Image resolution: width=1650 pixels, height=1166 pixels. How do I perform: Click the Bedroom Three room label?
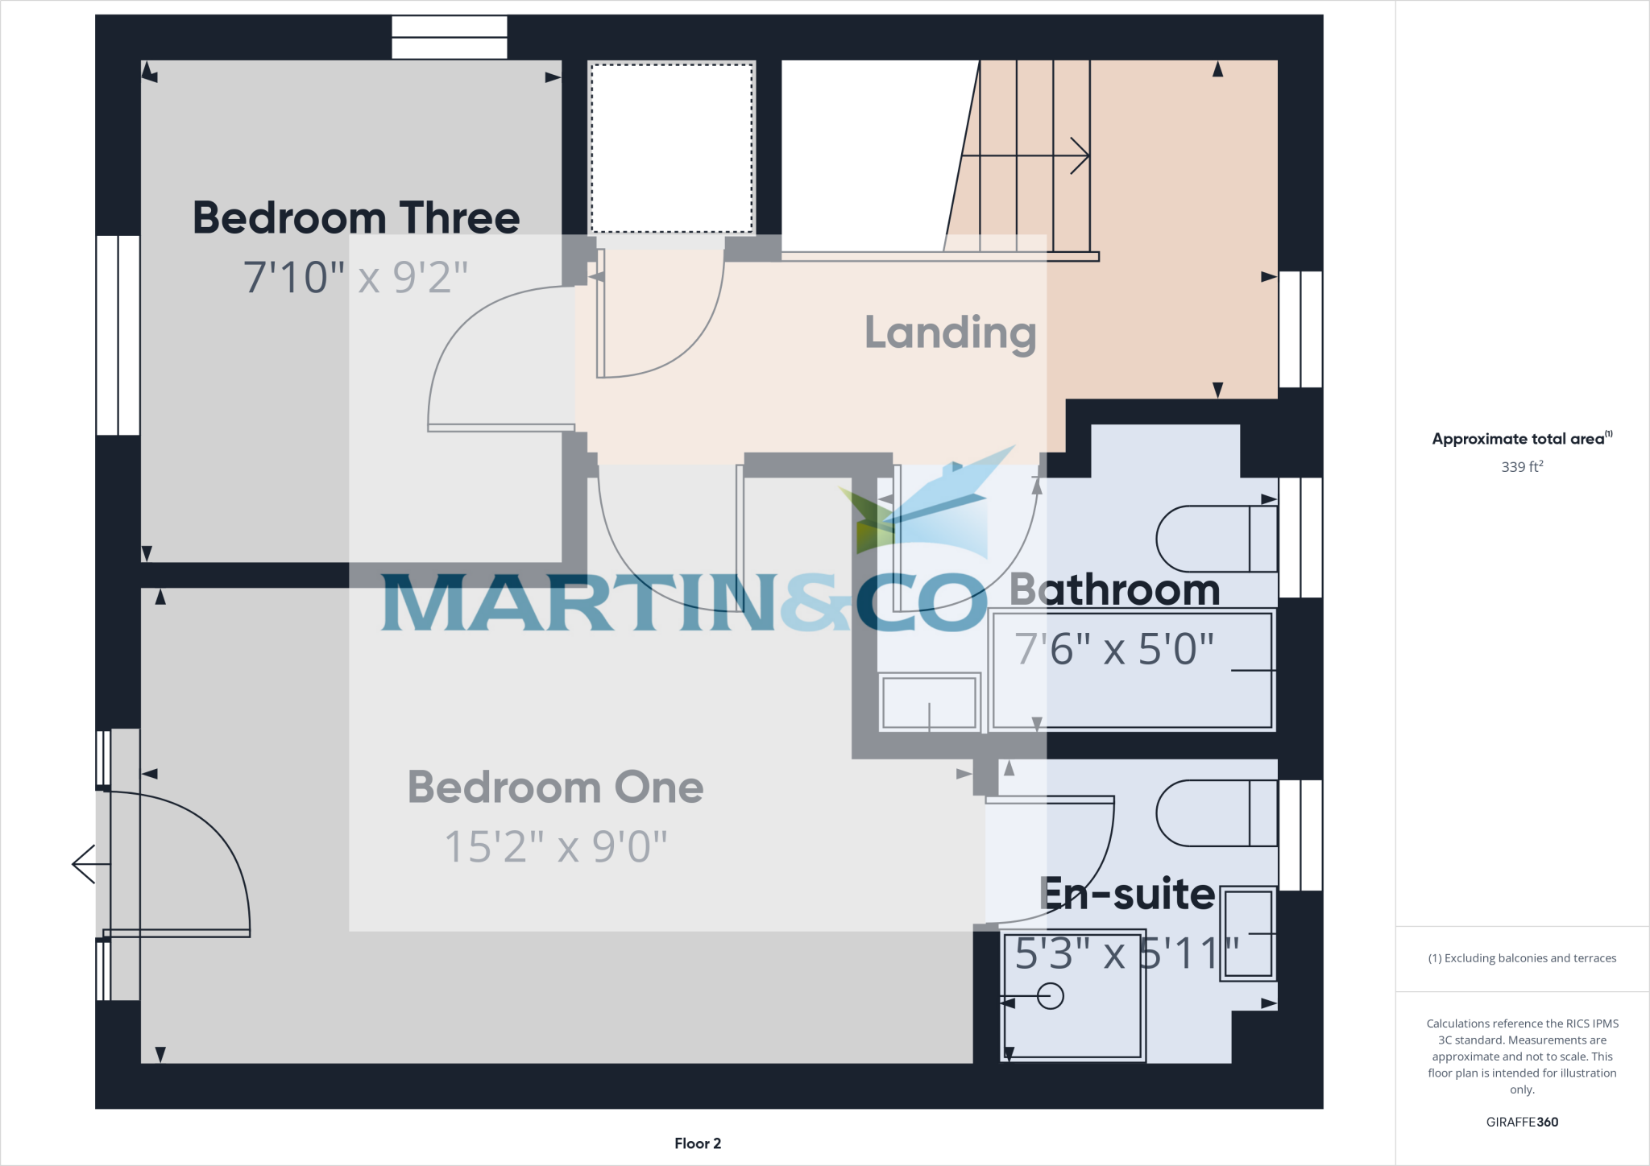click(356, 218)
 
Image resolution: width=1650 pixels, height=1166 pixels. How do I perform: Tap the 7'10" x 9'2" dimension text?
click(355, 277)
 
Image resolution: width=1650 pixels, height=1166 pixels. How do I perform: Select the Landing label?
click(950, 333)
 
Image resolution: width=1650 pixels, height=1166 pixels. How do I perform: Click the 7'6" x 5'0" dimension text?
click(1114, 649)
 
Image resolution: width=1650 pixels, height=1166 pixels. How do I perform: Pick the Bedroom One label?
click(555, 787)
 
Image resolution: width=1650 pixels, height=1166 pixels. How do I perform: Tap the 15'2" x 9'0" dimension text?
click(555, 846)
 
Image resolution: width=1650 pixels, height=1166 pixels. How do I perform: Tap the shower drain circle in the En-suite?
click(1050, 996)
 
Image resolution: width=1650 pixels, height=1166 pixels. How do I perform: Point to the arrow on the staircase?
click(1079, 155)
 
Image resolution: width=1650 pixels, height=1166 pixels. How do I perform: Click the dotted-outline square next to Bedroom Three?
click(671, 148)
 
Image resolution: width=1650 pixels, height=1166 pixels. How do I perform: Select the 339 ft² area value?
click(1522, 466)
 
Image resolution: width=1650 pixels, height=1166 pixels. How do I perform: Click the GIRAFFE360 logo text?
click(1522, 1122)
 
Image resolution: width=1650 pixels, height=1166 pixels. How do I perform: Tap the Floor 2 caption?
click(698, 1143)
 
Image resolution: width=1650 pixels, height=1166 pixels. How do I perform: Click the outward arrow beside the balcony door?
click(84, 864)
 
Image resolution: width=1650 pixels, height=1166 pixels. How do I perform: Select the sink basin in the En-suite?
click(1248, 933)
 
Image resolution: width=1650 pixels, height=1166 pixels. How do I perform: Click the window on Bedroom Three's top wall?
click(449, 37)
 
